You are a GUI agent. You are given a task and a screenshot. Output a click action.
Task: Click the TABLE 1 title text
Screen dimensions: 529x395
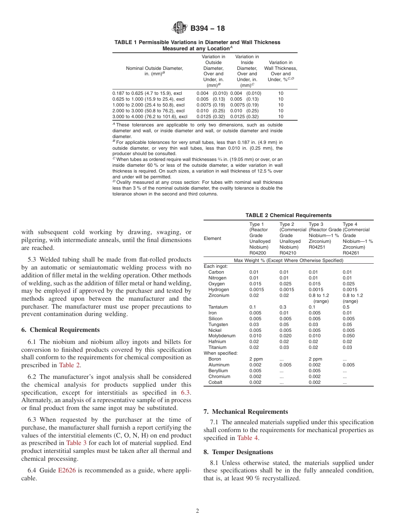coord(197,45)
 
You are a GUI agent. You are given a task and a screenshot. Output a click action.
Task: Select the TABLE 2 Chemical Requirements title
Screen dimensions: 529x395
coord(288,215)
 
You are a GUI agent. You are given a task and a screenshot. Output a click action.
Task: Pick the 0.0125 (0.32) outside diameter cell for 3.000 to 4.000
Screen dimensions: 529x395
coord(210,116)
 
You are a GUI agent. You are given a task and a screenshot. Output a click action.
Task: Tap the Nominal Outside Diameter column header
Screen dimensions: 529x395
coord(154,71)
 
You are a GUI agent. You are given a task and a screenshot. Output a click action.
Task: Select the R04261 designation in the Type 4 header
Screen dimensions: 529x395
coord(351,252)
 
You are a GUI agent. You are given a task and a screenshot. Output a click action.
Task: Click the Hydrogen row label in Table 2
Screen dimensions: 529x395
coord(218,289)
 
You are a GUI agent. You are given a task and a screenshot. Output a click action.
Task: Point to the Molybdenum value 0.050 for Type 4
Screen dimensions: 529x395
coord(348,336)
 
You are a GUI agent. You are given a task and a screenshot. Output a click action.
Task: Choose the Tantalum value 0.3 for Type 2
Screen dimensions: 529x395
coord(283,307)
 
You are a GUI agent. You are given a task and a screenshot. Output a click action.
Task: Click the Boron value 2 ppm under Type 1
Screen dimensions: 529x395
coord(256,359)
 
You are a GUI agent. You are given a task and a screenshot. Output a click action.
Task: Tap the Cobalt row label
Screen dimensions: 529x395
coord(215,382)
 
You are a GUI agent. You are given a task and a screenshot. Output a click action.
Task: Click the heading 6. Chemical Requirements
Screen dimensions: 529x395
coord(60,330)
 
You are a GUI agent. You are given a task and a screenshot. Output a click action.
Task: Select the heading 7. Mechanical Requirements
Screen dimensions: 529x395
coord(246,412)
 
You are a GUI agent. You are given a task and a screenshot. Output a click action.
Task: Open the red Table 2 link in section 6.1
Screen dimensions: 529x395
coord(69,365)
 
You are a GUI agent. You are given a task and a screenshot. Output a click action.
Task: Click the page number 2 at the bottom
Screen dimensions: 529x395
coord(197,511)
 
